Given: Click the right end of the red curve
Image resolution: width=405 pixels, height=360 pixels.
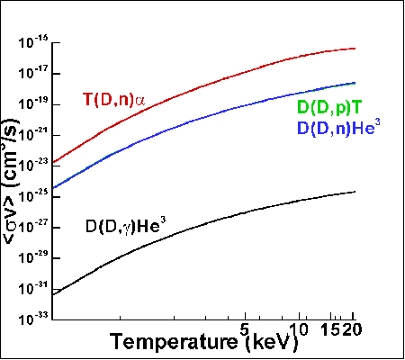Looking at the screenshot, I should [x=355, y=49].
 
